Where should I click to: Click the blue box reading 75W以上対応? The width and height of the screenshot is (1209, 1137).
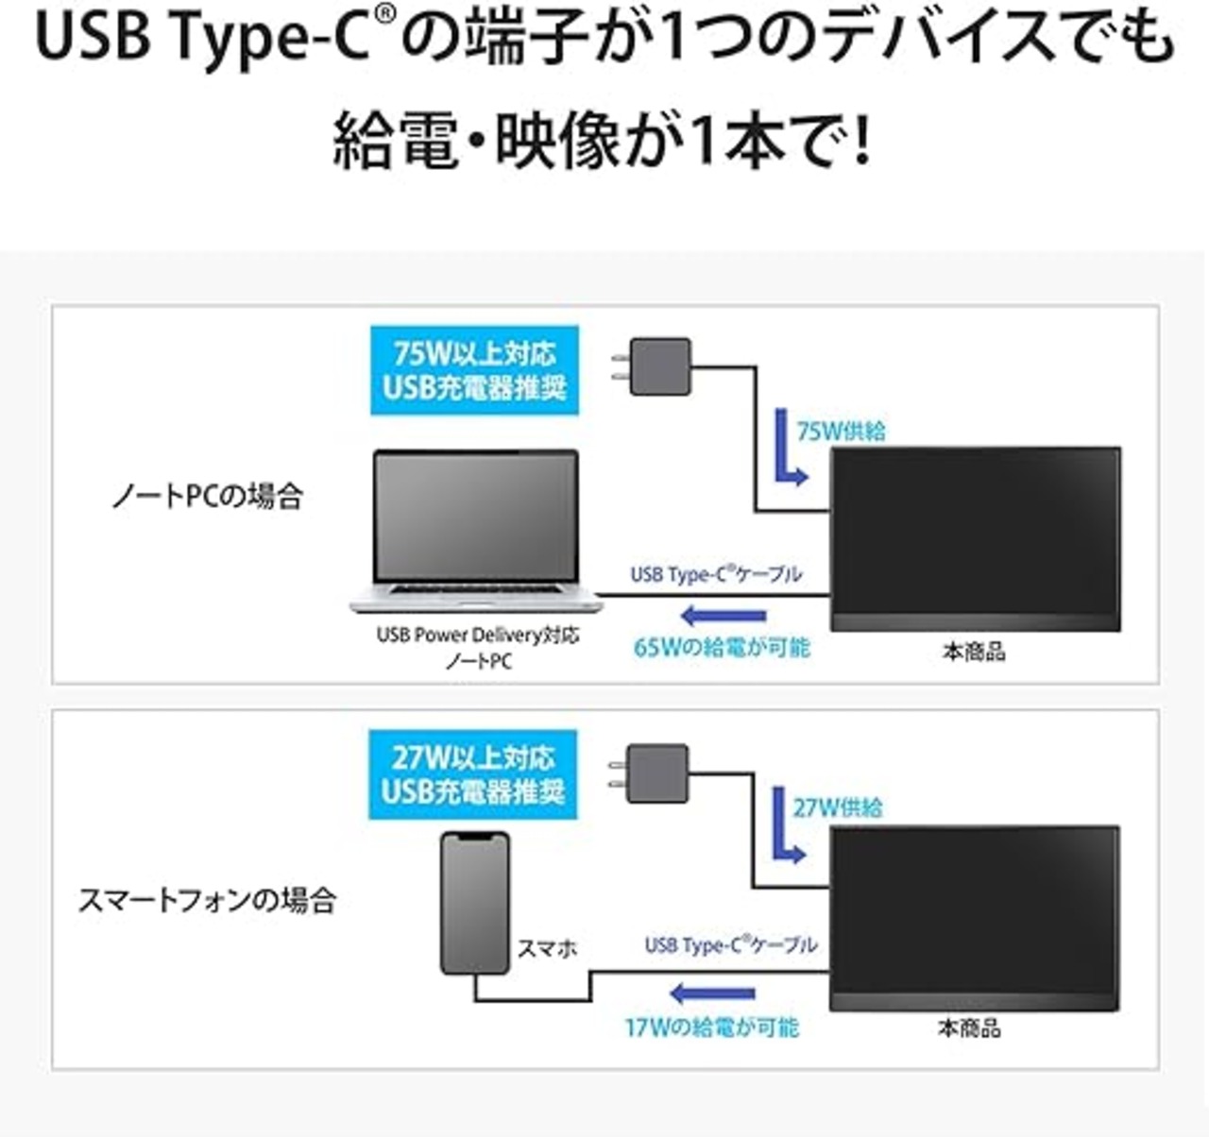(474, 370)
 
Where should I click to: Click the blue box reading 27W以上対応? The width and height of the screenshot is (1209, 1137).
(472, 774)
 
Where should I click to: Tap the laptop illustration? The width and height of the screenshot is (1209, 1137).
(475, 530)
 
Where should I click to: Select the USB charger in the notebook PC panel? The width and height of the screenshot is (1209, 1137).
(652, 366)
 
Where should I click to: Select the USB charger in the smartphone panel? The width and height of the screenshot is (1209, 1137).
(649, 772)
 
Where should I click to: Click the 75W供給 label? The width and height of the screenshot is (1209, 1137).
(842, 431)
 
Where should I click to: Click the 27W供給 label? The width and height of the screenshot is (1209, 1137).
(838, 807)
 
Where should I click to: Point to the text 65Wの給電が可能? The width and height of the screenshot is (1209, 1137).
(722, 647)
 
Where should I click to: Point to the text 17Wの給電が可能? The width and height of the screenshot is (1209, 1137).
(711, 1027)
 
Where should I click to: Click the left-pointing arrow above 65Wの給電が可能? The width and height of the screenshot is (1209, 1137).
(724, 616)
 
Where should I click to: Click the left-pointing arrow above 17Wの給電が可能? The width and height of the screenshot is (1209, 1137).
(711, 994)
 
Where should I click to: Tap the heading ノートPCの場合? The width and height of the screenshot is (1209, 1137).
(208, 496)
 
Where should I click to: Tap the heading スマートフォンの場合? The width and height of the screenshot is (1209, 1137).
(208, 900)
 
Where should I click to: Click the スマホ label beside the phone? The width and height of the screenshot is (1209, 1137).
(547, 948)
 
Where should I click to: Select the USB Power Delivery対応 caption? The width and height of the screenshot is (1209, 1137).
(478, 635)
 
